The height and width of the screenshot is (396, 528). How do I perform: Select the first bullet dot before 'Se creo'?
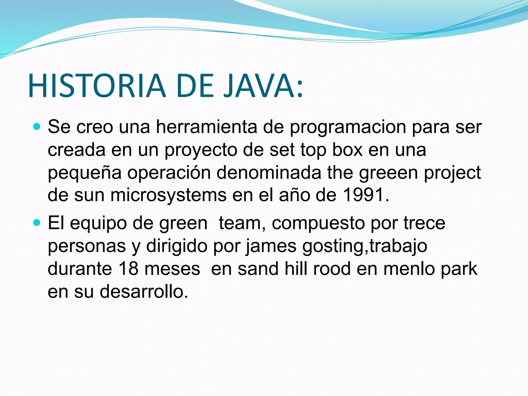coord(37,127)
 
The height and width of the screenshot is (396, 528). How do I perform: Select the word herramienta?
coord(207,127)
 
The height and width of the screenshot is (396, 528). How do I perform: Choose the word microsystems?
coord(169,195)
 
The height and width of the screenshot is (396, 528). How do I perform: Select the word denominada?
coord(269,173)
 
